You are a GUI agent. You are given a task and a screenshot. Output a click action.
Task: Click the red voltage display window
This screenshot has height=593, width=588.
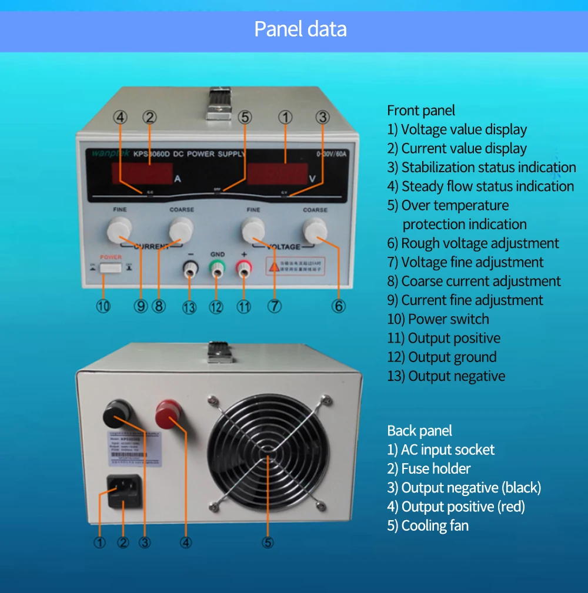pyautogui.click(x=277, y=173)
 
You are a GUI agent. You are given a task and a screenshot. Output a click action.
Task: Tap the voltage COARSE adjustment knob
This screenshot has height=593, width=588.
pyautogui.click(x=315, y=230)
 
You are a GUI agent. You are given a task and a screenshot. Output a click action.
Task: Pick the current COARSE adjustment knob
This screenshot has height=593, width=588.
pyautogui.click(x=181, y=229)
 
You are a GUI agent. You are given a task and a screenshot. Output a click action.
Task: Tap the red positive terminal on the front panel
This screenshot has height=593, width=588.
pyautogui.click(x=243, y=269)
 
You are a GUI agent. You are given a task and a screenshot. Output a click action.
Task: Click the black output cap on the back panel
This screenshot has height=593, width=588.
pyautogui.click(x=117, y=414)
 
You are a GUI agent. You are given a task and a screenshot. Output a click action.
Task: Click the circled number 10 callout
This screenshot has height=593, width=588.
pyautogui.click(x=103, y=307)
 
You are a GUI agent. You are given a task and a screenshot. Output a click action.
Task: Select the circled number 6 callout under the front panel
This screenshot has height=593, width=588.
pyautogui.click(x=338, y=306)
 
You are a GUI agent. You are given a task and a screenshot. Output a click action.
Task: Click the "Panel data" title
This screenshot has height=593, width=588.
pyautogui.click(x=300, y=29)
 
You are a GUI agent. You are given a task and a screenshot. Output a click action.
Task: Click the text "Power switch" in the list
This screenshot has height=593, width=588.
pyautogui.click(x=448, y=319)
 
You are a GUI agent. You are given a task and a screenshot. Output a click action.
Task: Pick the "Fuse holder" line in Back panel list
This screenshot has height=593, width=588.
pyautogui.click(x=435, y=468)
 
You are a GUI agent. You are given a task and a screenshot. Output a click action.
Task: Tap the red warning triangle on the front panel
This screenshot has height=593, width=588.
pyautogui.click(x=274, y=266)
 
